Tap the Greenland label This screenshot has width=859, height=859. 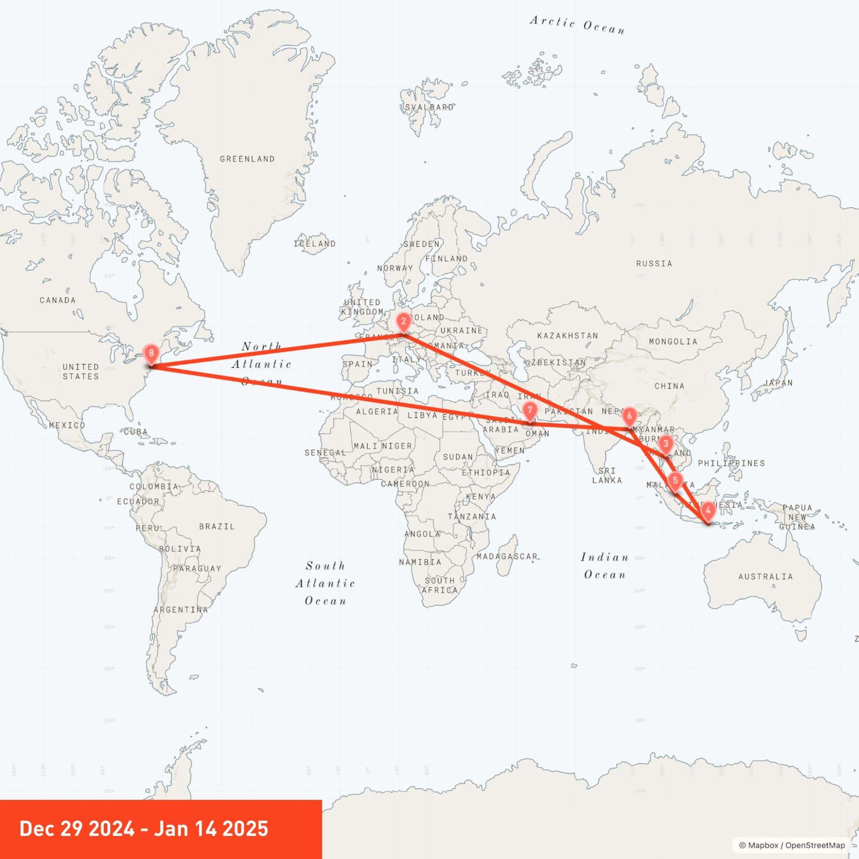(247, 159)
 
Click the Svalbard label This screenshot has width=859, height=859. (429, 107)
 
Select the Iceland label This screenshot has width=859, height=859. (315, 244)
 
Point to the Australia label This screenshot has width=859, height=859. (766, 577)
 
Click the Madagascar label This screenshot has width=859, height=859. (507, 556)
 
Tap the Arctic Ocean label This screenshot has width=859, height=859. (577, 25)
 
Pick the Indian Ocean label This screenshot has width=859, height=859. (605, 566)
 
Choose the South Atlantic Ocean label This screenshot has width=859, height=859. (325, 583)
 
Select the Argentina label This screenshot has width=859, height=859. (180, 610)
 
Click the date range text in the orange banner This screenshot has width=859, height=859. (144, 828)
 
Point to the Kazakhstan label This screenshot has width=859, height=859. (567, 336)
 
